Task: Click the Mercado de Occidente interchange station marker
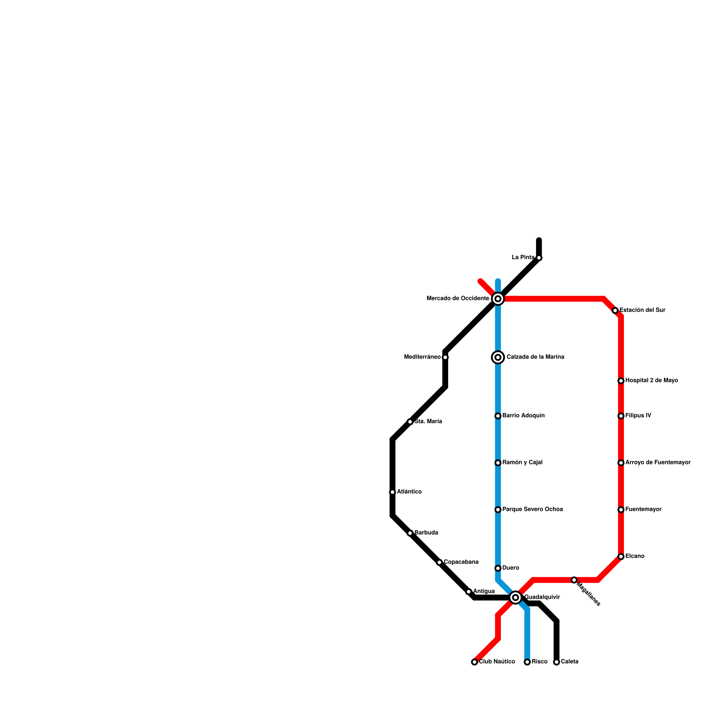(x=498, y=299)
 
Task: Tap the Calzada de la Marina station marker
(x=498, y=357)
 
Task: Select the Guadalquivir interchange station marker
(x=516, y=598)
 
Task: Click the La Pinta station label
(x=523, y=257)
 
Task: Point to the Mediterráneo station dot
(x=445, y=357)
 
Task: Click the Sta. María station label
(x=428, y=422)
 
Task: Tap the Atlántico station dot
(x=392, y=492)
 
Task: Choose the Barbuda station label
(x=426, y=533)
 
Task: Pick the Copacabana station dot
(x=439, y=562)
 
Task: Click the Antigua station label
(x=484, y=591)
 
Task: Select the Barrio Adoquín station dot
(x=498, y=416)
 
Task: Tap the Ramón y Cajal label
(x=522, y=463)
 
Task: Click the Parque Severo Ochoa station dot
(x=498, y=510)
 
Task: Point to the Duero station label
(x=511, y=568)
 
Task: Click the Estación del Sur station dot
(x=615, y=311)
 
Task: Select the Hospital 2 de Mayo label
(x=652, y=380)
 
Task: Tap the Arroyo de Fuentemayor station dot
(x=621, y=463)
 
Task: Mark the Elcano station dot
(x=621, y=557)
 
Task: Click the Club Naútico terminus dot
(x=475, y=662)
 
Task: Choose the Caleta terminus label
(x=569, y=662)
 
